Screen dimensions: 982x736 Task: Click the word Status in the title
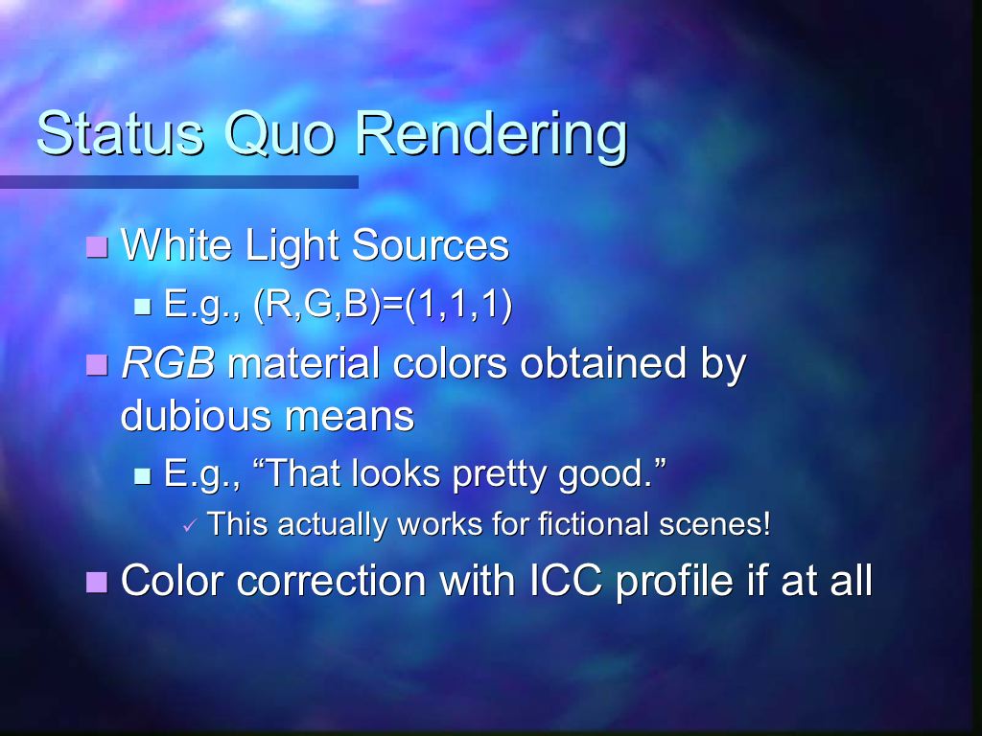[x=120, y=132]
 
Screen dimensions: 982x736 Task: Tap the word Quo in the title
[x=279, y=134]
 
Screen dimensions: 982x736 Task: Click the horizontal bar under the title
[x=179, y=182]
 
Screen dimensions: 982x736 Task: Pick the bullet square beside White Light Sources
[x=97, y=246]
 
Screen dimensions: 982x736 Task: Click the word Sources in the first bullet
[x=431, y=244]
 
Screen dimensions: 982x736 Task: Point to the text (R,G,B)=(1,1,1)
[x=384, y=305]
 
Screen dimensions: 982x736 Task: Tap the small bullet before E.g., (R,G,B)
[x=143, y=306]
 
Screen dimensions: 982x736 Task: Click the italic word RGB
[x=168, y=362]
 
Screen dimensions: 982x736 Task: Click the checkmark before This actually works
[x=191, y=525]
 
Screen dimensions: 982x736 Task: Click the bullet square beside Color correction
[x=97, y=582]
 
